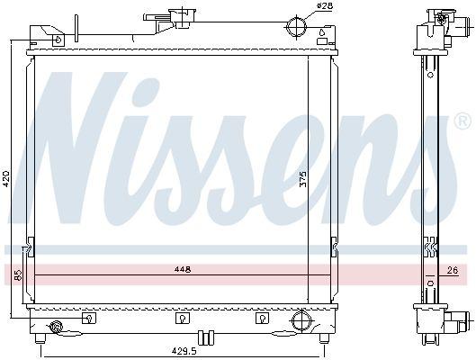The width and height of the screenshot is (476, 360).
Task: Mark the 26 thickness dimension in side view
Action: tap(452, 270)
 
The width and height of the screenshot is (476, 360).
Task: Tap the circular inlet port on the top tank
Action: tap(296, 25)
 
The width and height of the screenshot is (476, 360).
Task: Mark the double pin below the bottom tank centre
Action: tap(204, 337)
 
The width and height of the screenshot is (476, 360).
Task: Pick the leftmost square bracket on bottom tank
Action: tap(88, 317)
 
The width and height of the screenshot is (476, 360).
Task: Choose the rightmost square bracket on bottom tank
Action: tap(262, 317)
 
